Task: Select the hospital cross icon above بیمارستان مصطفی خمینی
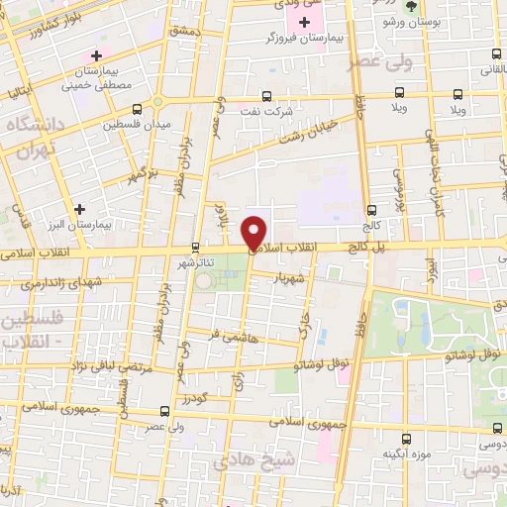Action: [95, 55]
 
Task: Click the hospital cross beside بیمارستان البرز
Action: [79, 209]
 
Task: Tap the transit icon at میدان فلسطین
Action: [136, 109]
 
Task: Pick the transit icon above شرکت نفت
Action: [269, 97]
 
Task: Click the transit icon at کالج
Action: [371, 210]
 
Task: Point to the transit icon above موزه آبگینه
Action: [404, 438]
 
